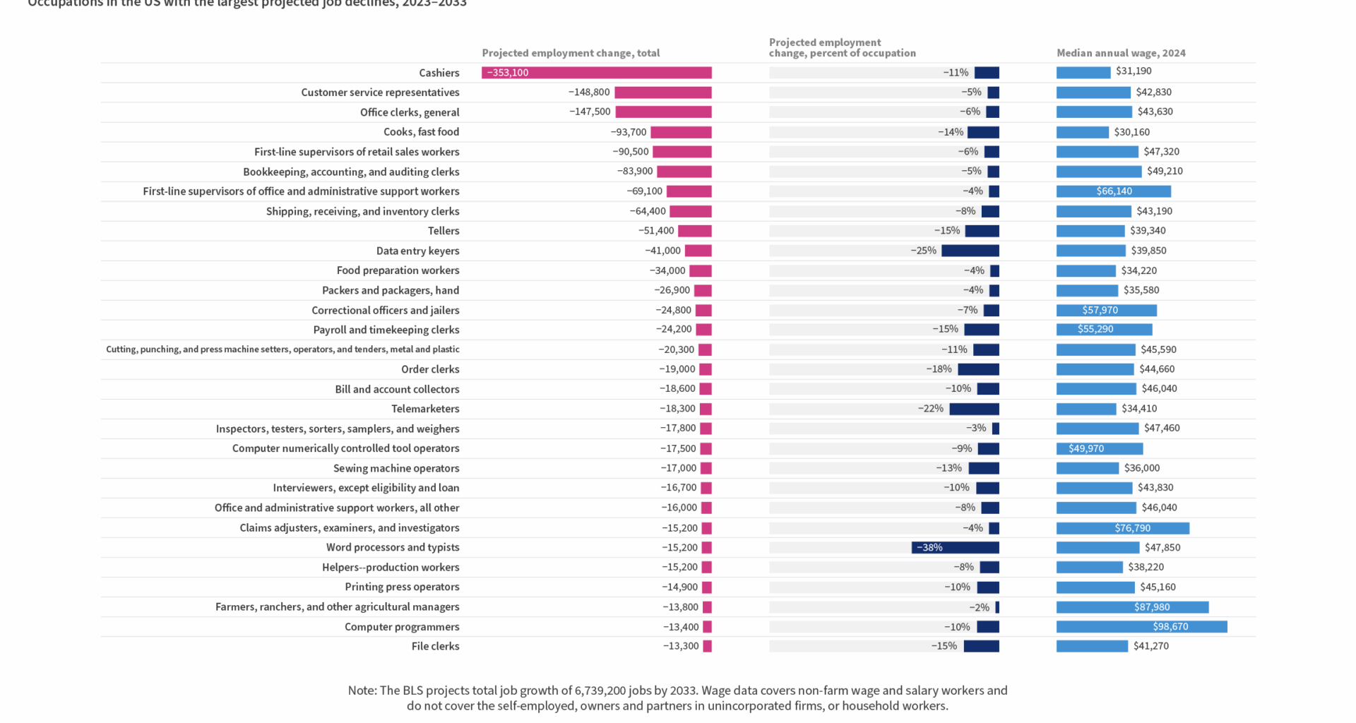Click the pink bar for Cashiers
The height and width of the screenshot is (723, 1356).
coord(597,73)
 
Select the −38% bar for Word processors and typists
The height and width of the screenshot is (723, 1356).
coord(955,547)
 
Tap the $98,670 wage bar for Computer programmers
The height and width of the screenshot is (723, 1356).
coord(1141,626)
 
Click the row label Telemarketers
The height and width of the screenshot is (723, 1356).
coord(425,409)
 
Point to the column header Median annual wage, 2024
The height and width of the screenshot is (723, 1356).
coord(1121,53)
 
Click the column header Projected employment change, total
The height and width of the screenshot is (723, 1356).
coord(571,53)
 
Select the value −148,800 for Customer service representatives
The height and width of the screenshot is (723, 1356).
coord(589,92)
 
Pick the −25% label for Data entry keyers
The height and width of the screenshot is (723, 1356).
coord(923,251)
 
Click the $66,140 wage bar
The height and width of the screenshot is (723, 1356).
coord(1113,191)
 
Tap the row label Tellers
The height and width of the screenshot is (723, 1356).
coord(444,231)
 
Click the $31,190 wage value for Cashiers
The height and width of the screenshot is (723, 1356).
coord(1134,71)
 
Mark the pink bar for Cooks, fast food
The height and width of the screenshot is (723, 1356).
coord(681,132)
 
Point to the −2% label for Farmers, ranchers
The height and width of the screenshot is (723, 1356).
coord(979,607)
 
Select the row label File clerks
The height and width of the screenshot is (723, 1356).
coord(435,646)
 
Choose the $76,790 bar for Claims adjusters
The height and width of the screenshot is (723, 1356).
coord(1122,528)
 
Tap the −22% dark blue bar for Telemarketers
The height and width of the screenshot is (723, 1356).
coord(974,409)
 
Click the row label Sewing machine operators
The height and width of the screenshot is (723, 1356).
coord(396,468)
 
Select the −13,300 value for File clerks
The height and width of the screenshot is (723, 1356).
coord(681,646)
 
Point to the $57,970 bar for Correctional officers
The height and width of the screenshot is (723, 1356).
coord(1106,310)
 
